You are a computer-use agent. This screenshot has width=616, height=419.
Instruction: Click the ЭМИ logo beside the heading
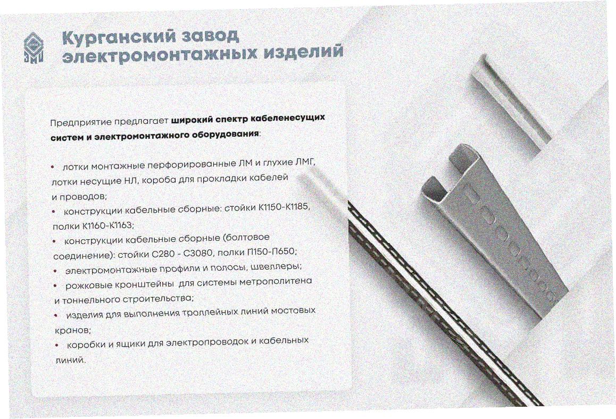(34, 47)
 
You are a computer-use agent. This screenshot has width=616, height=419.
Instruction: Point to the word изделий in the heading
(304, 52)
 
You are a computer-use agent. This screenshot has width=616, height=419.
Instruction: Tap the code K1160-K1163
(108, 226)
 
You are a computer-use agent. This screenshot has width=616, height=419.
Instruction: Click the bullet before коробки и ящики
(57, 345)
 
